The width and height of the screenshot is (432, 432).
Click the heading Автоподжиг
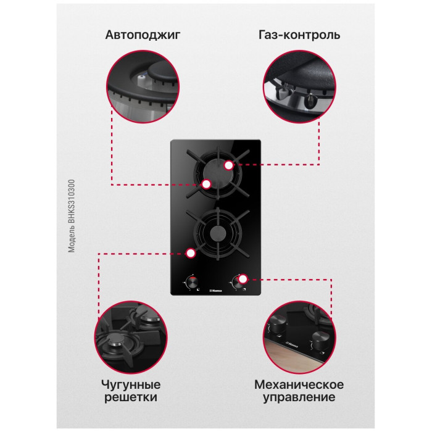(x=143, y=35)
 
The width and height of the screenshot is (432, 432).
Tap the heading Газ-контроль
(x=299, y=35)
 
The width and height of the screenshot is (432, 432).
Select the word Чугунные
(x=131, y=385)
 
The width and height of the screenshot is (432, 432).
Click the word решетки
(x=131, y=397)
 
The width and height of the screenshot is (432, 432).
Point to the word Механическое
(x=299, y=384)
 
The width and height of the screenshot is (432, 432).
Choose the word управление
(x=299, y=397)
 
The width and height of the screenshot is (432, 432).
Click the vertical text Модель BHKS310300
(x=72, y=216)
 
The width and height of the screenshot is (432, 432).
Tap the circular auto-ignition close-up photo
(x=143, y=86)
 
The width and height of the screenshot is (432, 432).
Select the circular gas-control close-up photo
(x=299, y=86)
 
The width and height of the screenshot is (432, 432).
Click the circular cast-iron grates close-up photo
(x=131, y=337)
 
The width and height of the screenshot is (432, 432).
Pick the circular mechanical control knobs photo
(x=299, y=337)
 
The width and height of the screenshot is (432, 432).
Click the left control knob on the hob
(x=192, y=282)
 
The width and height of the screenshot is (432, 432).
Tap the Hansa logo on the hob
(x=216, y=291)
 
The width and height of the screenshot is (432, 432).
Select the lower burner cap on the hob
(x=218, y=234)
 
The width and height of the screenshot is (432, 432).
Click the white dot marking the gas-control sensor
(x=229, y=165)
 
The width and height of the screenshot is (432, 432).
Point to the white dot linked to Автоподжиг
(x=206, y=184)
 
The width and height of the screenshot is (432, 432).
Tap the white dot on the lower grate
(x=190, y=253)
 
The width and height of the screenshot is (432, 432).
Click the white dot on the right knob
(x=243, y=279)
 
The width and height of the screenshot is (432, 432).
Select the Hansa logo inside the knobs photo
(x=293, y=344)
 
